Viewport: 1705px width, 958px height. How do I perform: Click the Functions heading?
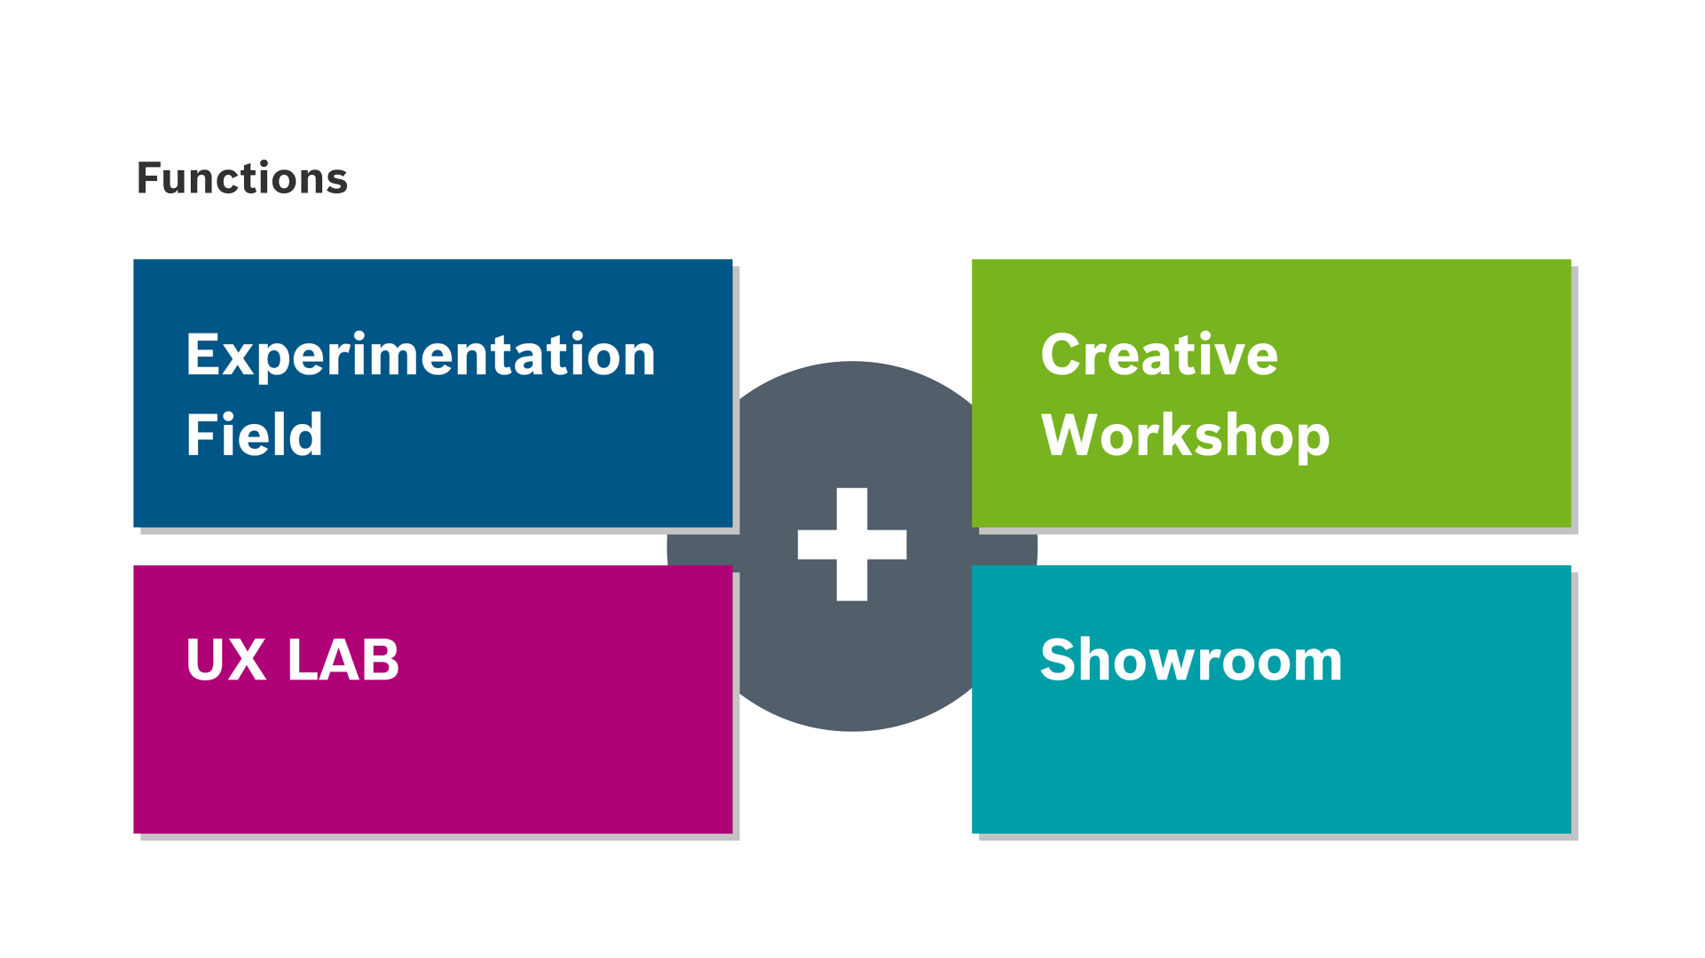242,178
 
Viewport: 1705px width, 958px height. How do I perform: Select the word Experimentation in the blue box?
421,355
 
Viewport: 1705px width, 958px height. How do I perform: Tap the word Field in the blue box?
254,435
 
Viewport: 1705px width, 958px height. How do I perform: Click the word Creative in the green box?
1159,355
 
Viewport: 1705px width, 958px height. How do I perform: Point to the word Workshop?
1185,435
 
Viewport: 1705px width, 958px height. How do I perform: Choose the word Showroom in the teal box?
1191,660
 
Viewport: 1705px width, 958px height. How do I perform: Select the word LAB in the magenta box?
343,660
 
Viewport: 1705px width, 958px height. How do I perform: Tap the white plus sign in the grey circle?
852,544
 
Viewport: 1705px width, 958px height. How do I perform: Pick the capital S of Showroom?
1058,660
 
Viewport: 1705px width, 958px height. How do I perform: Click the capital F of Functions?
148,178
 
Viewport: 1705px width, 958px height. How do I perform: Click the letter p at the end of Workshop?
1314,438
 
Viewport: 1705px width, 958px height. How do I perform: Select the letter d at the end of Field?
307,435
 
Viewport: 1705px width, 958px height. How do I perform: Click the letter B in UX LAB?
383,660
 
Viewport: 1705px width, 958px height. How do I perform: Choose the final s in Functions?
338,181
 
